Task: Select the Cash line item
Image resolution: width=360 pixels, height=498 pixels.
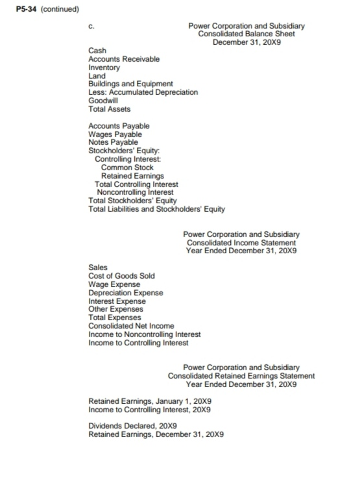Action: coord(97,51)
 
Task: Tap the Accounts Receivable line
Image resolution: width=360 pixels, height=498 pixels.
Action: coord(123,59)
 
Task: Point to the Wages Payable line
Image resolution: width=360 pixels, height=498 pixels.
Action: coord(115,134)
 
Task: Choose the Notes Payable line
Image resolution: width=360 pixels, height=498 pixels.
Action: coord(113,142)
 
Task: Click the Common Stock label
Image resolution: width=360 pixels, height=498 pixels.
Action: coord(127,168)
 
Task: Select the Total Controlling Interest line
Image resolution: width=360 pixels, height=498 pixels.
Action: coord(136,184)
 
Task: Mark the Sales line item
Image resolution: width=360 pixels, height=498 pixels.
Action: coord(98,268)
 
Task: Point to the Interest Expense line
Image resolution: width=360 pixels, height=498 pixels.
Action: coord(117,301)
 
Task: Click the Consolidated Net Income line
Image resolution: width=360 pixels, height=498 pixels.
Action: coord(130,326)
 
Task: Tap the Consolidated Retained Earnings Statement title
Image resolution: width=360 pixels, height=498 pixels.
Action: coord(241,376)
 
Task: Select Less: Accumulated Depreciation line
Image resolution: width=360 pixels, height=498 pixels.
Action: coord(143,92)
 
